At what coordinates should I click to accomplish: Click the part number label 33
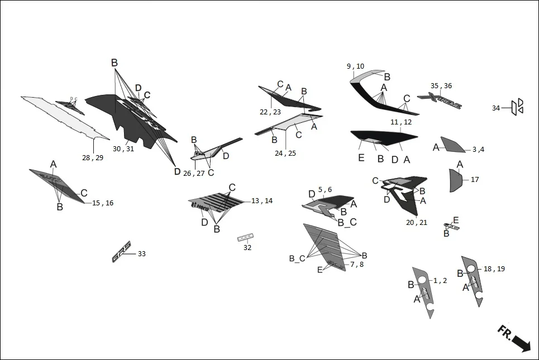point(142,254)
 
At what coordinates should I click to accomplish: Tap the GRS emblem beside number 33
point(121,252)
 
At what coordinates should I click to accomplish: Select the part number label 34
point(496,108)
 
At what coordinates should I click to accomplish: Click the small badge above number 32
point(245,237)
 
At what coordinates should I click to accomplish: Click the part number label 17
point(475,180)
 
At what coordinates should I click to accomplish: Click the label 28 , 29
point(93,158)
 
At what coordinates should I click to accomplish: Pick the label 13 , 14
point(262,200)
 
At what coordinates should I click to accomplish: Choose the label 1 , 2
point(440,281)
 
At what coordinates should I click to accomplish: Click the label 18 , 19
point(494,269)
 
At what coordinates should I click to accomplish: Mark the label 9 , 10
point(355,66)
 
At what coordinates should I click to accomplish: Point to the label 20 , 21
point(417,222)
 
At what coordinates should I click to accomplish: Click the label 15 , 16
point(103,203)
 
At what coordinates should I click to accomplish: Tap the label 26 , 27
point(193,173)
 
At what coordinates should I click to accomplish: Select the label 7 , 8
point(357,264)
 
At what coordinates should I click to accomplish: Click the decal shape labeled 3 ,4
point(452,145)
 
